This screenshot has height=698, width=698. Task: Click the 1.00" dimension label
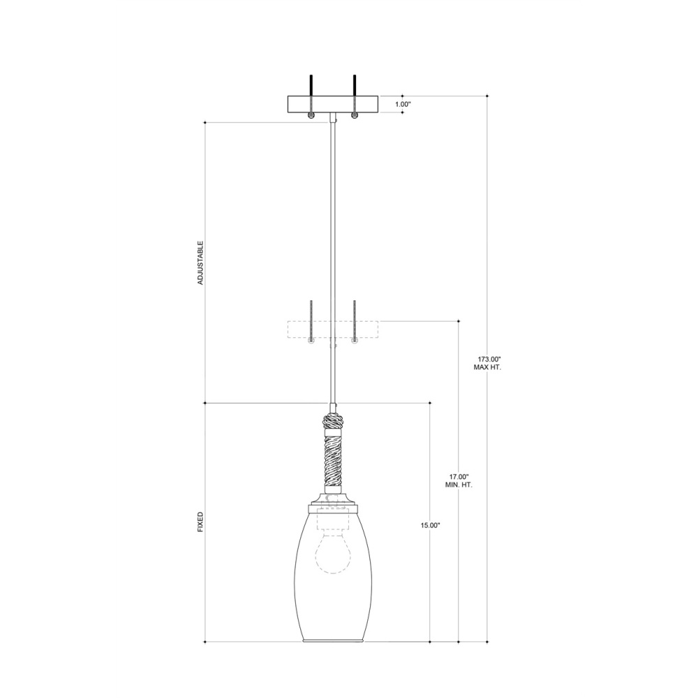(x=403, y=104)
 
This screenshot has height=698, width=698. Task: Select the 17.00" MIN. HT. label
(x=459, y=480)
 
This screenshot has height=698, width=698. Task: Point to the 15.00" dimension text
(x=430, y=526)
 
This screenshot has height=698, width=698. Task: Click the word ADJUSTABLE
(x=200, y=263)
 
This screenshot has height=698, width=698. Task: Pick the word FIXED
(x=200, y=522)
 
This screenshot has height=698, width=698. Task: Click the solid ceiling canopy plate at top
(x=333, y=104)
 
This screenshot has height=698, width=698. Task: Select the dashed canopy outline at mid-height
(x=333, y=329)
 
